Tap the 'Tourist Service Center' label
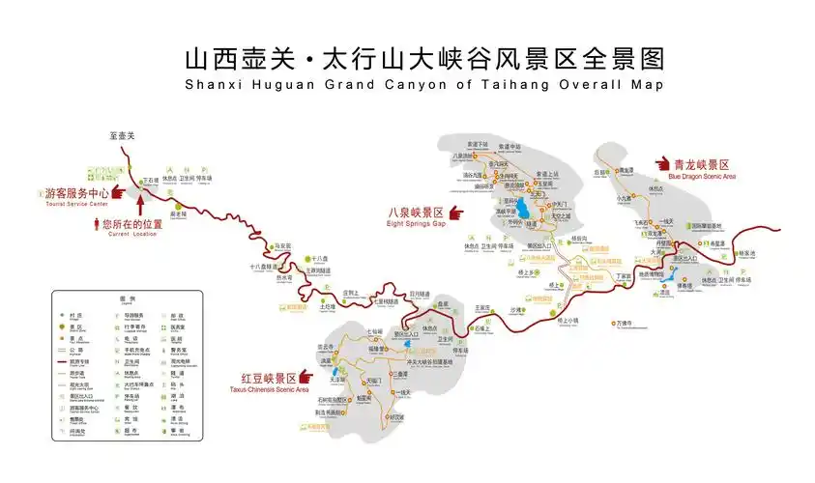point(76,204)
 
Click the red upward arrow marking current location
point(141,204)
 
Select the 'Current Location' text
point(132,234)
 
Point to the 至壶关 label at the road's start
point(123,136)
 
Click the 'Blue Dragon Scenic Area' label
point(702,177)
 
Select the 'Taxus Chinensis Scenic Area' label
point(276,389)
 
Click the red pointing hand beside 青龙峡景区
point(663,165)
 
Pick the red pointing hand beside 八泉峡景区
point(455,212)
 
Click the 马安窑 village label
point(282,247)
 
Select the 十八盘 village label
point(321,259)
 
